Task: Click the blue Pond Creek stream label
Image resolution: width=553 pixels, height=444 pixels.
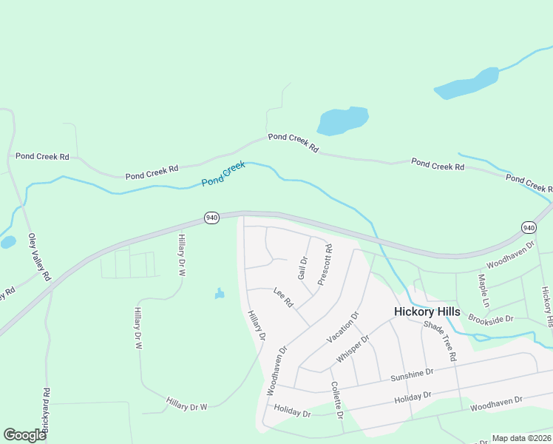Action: click(x=223, y=174)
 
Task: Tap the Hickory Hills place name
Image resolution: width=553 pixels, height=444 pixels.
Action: click(x=427, y=312)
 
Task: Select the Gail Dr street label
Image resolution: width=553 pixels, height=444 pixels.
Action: click(x=302, y=269)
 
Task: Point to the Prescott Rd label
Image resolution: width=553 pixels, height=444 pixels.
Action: click(x=325, y=265)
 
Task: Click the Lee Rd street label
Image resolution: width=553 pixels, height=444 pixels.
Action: click(x=283, y=297)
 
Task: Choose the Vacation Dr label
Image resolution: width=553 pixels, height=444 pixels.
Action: click(x=342, y=327)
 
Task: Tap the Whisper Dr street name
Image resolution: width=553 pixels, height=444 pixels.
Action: click(x=352, y=347)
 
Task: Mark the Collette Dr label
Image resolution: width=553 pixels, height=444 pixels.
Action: click(x=336, y=400)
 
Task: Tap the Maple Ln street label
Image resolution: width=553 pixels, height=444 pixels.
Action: click(x=484, y=292)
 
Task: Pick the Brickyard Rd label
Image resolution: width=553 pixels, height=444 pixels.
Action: click(x=46, y=411)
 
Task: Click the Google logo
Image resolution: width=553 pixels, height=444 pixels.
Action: click(x=24, y=434)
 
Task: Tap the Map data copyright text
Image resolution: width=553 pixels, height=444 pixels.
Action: click(x=520, y=438)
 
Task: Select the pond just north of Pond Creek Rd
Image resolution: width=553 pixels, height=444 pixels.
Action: click(x=342, y=121)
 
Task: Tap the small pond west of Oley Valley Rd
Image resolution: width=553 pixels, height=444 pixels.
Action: click(x=7, y=242)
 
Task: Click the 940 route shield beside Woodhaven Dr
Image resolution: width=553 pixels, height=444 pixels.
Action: click(x=528, y=227)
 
